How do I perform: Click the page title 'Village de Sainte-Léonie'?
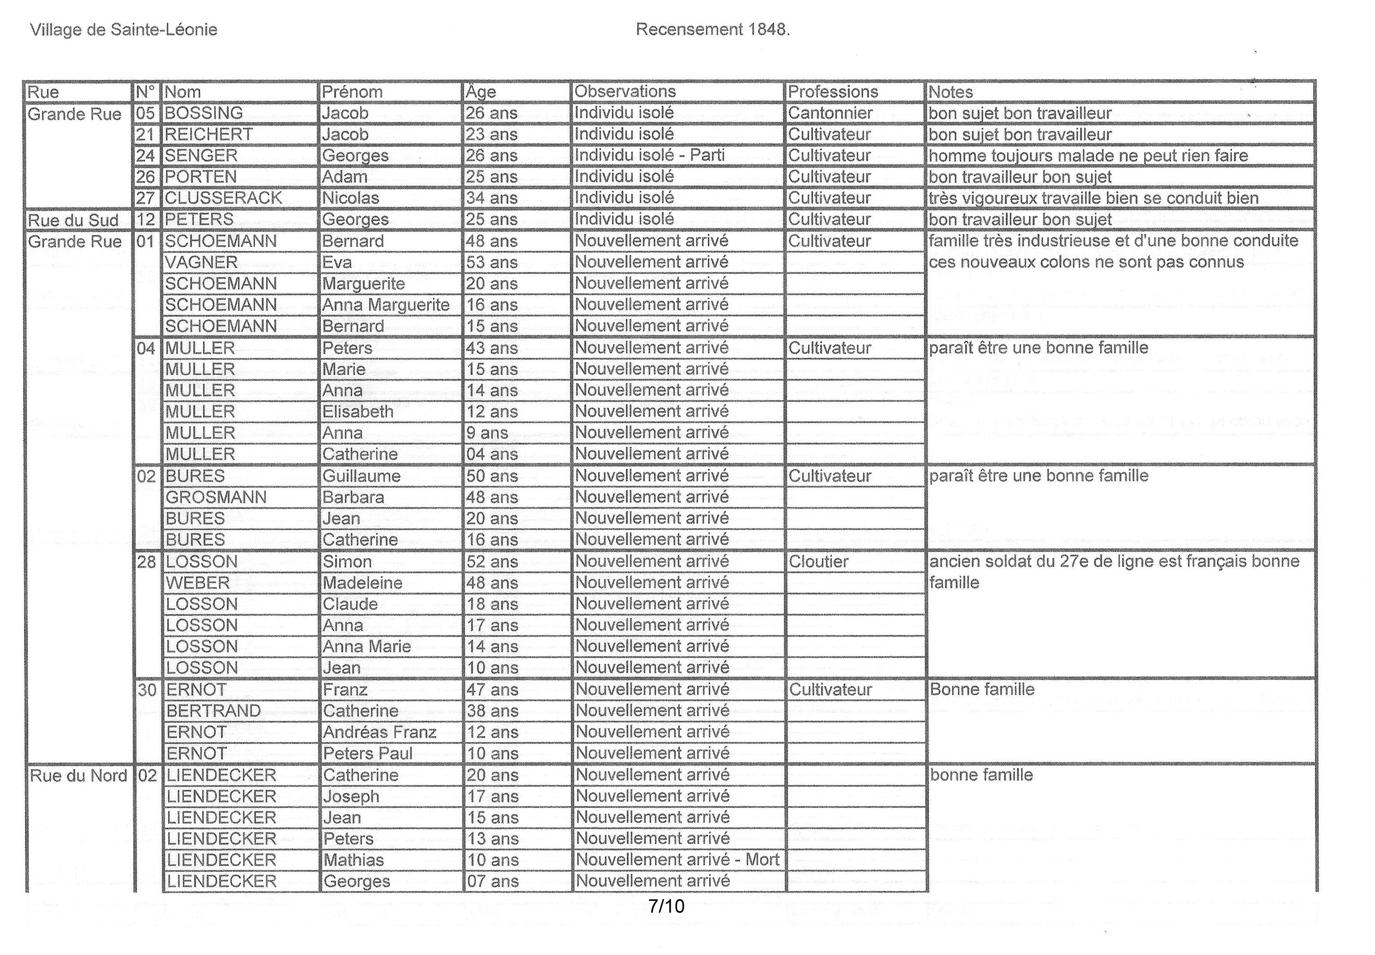[123, 30]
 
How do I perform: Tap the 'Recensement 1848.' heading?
[712, 30]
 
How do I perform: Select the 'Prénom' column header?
[352, 92]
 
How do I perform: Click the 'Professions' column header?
[832, 92]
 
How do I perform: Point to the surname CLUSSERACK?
[223, 198]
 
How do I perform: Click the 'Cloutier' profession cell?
[818, 562]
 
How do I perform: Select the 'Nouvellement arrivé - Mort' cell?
[677, 860]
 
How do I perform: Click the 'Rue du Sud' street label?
[73, 220]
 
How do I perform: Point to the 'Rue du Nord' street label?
[78, 776]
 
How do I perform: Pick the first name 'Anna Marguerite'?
[386, 305]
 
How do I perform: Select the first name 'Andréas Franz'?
[379, 732]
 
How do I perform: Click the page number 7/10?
[666, 907]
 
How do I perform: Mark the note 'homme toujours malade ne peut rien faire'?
[1088, 156]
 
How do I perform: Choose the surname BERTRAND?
[214, 711]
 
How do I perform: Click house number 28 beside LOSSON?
[147, 562]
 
